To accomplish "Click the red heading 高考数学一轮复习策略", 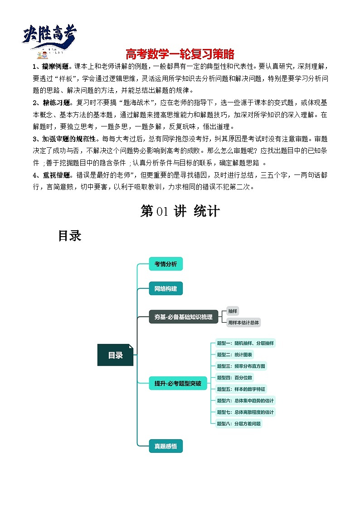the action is [x=180, y=54].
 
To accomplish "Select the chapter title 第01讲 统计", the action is [x=180, y=211].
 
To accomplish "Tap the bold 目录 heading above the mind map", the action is [x=69, y=236].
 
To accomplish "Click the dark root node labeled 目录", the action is [x=116, y=355].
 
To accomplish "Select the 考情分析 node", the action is [x=165, y=264].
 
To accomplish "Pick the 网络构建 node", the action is [x=165, y=288].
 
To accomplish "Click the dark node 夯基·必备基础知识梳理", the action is [x=184, y=317].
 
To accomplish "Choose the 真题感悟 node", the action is [x=165, y=446].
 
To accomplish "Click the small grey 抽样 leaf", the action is [x=233, y=311].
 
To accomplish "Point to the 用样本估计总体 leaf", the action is [x=243, y=323].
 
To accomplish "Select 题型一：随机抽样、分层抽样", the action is [x=245, y=343].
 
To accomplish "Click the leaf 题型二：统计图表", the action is [x=235, y=354].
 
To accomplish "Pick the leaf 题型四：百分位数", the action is [x=235, y=378].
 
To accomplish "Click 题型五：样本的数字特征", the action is [x=241, y=389].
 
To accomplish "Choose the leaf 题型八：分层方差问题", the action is [x=238, y=424].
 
